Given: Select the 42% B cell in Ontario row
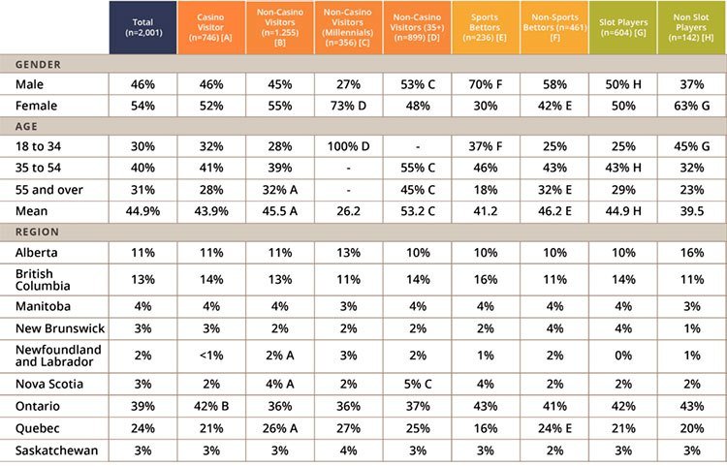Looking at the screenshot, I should pos(210,406).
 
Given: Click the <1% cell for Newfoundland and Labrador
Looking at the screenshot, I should pos(210,355).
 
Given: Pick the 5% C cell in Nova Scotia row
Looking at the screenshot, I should pos(417,382).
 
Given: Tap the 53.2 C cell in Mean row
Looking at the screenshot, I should pos(417,208).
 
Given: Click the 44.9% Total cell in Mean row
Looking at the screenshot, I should pos(142,208).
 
